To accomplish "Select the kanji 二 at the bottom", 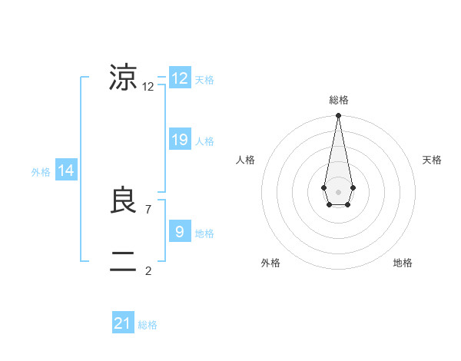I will point(123,262).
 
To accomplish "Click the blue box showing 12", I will point(180,78).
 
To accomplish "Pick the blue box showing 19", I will point(180,140).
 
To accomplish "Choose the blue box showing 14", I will point(66,171).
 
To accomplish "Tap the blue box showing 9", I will point(180,231).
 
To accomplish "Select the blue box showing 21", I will point(123,323).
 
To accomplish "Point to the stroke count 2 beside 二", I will point(148,270).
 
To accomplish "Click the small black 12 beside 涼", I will point(148,87).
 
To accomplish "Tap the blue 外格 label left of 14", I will point(41,172).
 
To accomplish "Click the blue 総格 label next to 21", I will point(148,325).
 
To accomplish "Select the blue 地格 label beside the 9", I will point(204,233).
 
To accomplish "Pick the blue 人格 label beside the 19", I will point(204,141).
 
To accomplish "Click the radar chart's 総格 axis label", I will point(338,100).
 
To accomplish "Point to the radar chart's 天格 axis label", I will point(432,160).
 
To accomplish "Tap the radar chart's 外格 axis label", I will point(270,263).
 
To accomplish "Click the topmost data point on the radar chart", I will point(338,116).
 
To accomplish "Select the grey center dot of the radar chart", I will point(338,190).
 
